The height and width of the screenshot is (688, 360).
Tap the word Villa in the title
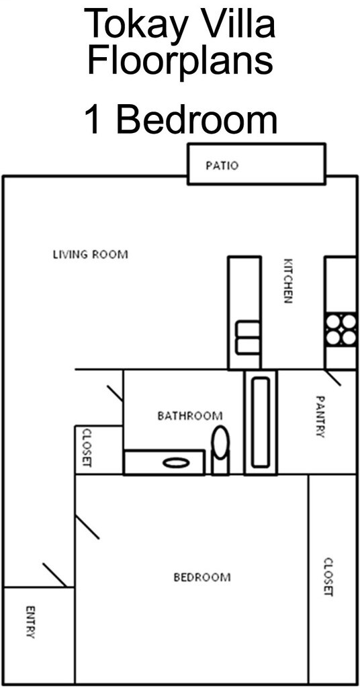coord(235,26)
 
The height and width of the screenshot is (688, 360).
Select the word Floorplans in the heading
coord(180,62)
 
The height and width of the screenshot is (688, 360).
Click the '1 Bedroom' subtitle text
coord(180,119)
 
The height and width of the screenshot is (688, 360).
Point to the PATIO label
coord(222,165)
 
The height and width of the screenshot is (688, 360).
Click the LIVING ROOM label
coord(90,255)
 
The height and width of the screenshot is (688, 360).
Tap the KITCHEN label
coord(288,281)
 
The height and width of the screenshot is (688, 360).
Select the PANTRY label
coord(320,417)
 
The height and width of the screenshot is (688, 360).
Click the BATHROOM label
coord(189,416)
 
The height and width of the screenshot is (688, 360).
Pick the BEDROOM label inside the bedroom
coord(201,577)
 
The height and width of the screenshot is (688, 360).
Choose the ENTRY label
coord(30,622)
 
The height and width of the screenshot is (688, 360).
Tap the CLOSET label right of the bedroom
coord(328,576)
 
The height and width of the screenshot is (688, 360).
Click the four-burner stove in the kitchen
coord(341,330)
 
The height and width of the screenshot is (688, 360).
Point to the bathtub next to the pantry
coord(260,422)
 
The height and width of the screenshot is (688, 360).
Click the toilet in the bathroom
coord(220,448)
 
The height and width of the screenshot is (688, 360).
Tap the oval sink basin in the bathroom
coord(175,462)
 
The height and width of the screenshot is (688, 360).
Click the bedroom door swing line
coord(87,527)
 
